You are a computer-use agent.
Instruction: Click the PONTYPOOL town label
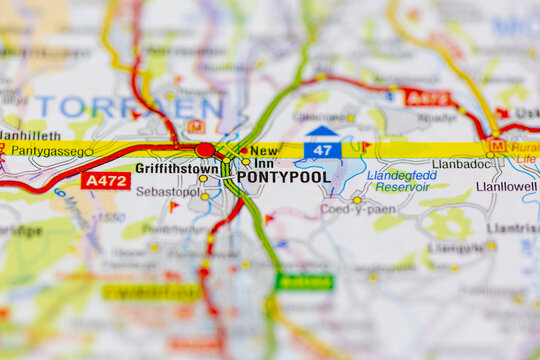[283, 177]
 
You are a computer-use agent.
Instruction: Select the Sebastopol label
[167, 191]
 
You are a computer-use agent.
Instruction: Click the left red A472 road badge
[105, 180]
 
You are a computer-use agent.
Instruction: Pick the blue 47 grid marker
[322, 149]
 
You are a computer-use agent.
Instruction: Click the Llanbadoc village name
[460, 164]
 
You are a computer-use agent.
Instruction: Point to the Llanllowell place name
[506, 186]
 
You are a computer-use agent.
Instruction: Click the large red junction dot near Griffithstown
[205, 150]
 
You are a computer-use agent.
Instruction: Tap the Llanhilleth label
[30, 134]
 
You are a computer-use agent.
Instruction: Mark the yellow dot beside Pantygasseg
[89, 152]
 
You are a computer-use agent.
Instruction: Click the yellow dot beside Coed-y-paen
[357, 200]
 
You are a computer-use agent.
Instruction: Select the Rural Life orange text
[524, 151]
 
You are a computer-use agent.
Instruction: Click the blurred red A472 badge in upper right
[426, 97]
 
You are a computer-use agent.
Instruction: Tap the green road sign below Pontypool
[304, 282]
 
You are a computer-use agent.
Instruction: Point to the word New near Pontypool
[264, 150]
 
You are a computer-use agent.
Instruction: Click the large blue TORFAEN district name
[130, 107]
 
